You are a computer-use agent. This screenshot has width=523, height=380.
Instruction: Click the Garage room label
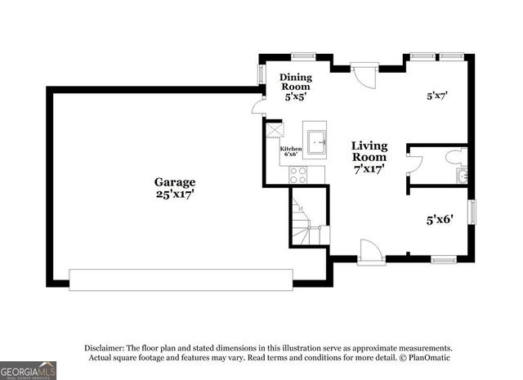(x=175, y=181)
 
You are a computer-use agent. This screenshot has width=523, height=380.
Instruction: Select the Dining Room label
(x=295, y=80)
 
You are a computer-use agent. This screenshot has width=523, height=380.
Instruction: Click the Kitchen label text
(x=291, y=149)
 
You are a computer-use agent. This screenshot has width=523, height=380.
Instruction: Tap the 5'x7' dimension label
(x=437, y=96)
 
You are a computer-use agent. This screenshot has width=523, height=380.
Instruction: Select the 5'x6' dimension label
(x=440, y=219)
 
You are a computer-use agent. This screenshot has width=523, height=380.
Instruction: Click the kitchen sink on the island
(x=315, y=140)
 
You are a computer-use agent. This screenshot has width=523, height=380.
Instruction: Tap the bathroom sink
(x=463, y=175)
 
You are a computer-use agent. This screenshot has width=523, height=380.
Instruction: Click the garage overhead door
(x=181, y=279)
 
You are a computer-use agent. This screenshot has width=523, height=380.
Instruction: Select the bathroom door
(x=413, y=164)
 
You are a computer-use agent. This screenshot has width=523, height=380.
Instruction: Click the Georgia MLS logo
(x=29, y=369)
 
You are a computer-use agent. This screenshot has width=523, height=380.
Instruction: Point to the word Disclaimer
(x=103, y=347)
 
